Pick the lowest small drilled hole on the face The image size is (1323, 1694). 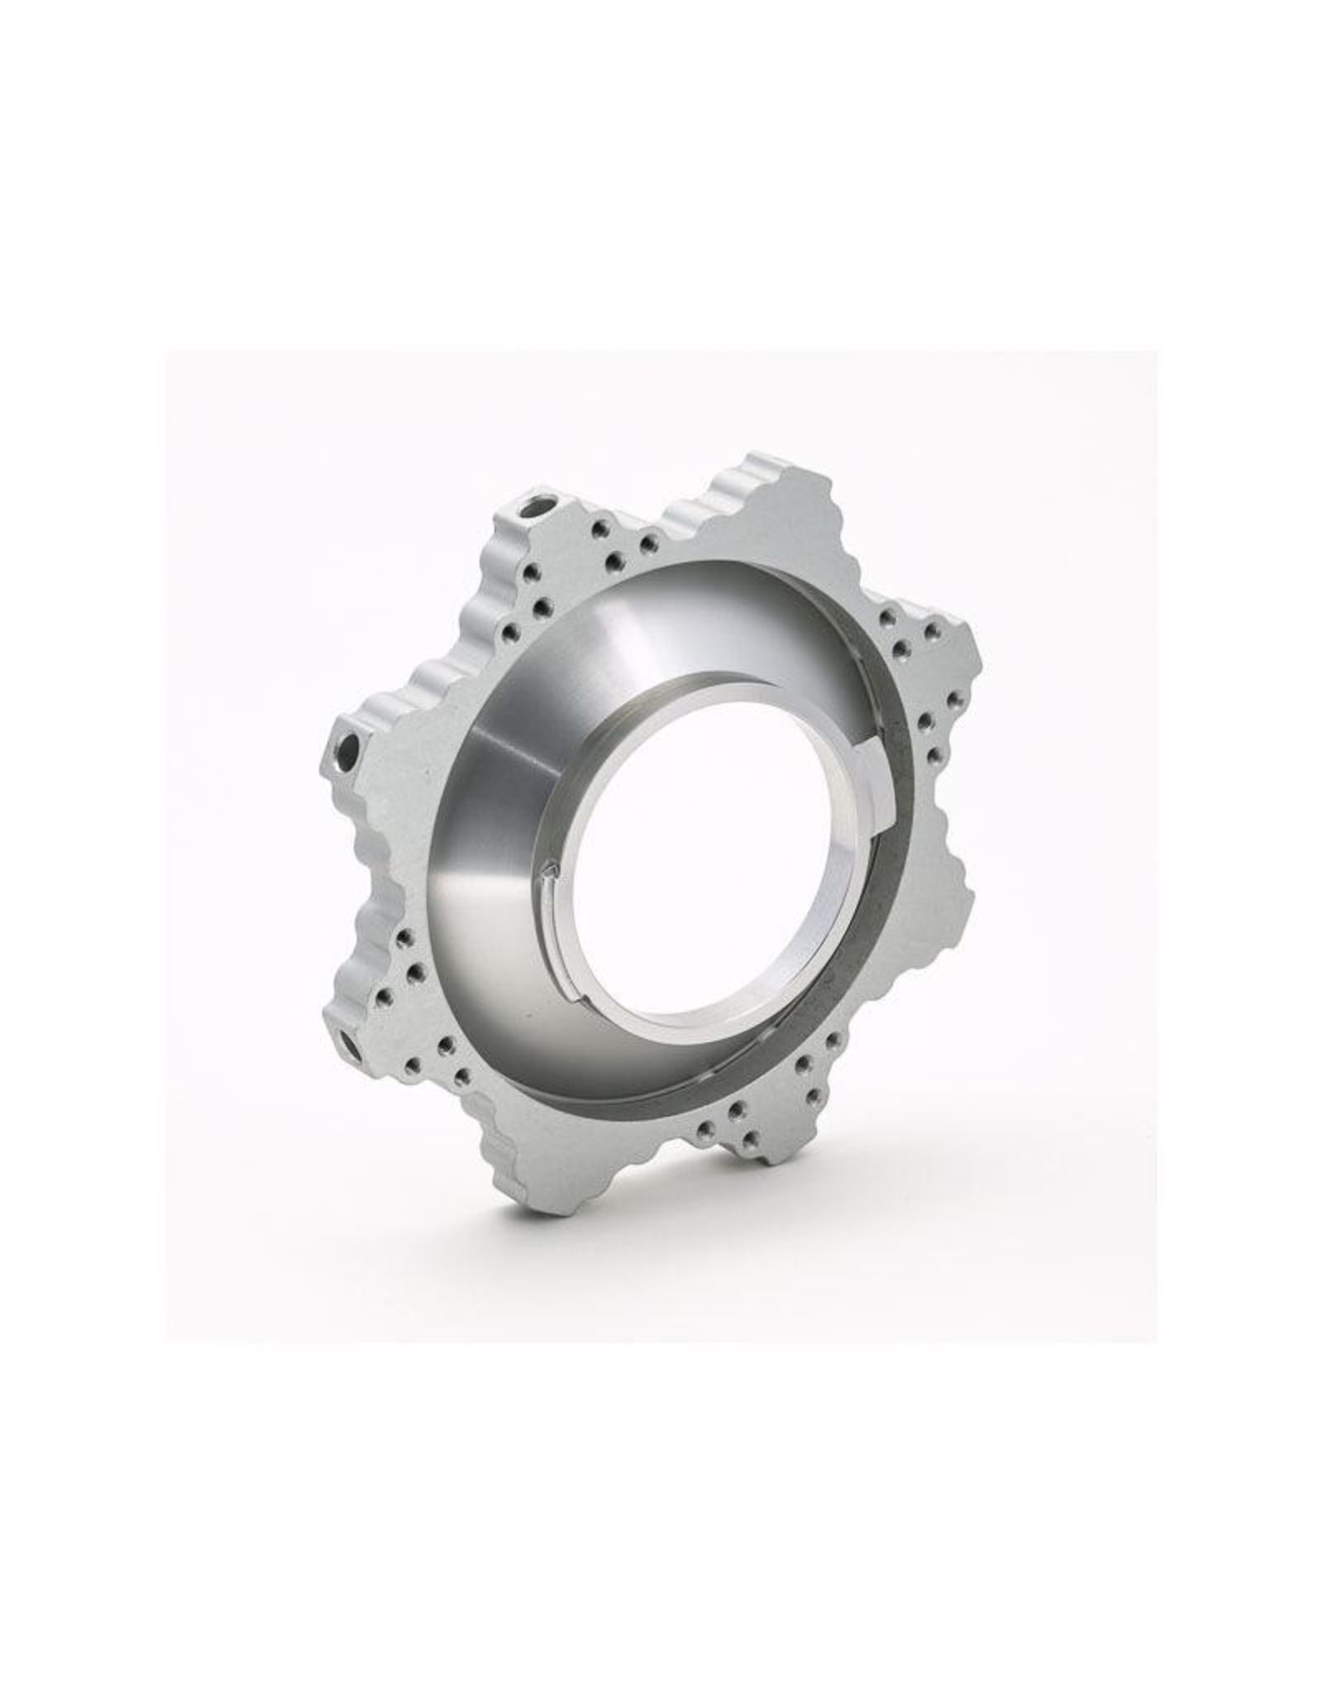pos(749,1141)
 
